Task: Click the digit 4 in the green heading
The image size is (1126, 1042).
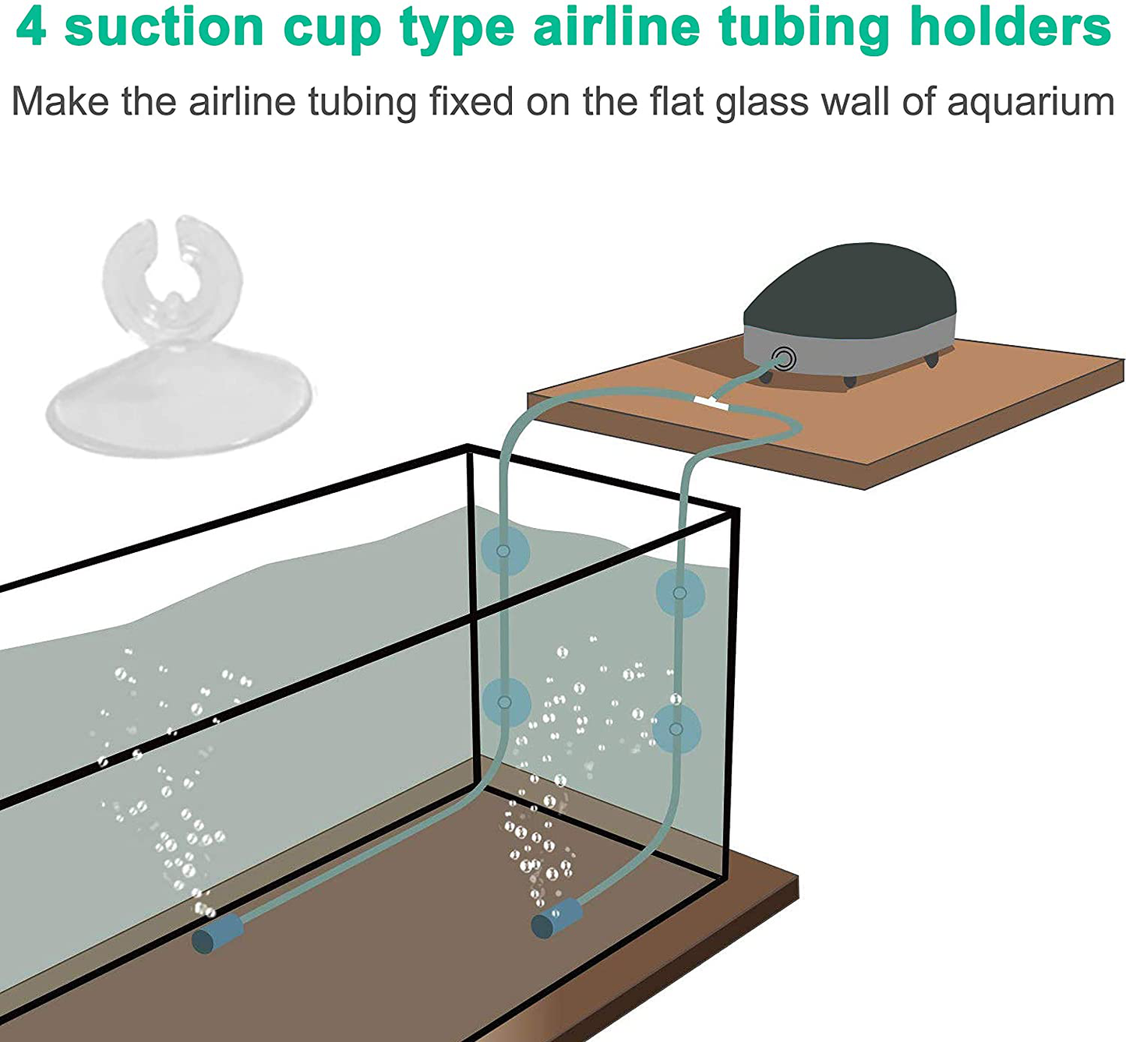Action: (x=31, y=28)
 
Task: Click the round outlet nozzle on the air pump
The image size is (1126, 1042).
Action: (x=783, y=359)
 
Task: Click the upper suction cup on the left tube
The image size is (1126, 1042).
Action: (x=504, y=551)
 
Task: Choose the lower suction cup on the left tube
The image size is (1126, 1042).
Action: (x=505, y=702)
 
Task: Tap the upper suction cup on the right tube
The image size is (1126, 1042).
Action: (x=680, y=593)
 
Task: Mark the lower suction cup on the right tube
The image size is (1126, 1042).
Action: (x=676, y=729)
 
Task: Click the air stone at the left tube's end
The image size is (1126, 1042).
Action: (x=217, y=934)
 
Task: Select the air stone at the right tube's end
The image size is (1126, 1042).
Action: (x=556, y=918)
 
